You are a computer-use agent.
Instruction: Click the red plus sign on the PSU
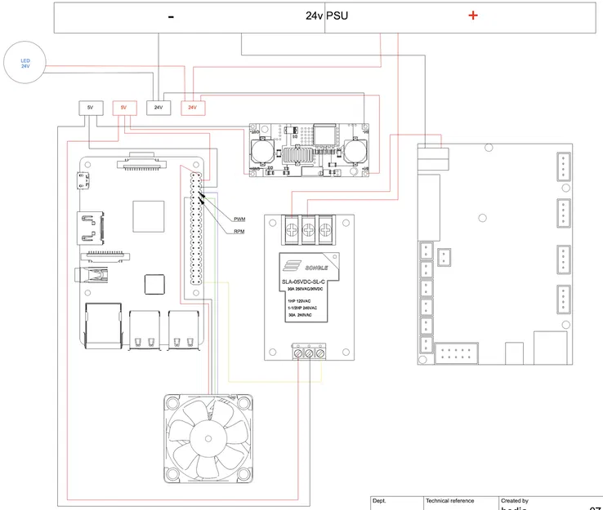[472, 16]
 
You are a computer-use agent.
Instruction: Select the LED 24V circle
[25, 63]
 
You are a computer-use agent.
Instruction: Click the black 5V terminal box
[90, 108]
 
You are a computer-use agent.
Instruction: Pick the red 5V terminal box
[124, 108]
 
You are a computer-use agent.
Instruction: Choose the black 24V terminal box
[158, 107]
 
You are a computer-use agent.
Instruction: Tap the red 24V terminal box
[192, 107]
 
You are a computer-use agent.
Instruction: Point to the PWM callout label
[239, 219]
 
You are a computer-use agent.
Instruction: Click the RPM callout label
[239, 232]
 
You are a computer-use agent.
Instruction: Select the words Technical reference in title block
[449, 500]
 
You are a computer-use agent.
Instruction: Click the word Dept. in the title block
[379, 500]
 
